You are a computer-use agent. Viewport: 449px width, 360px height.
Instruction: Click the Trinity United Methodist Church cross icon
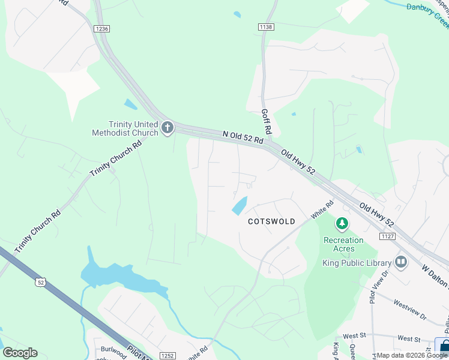click(167, 128)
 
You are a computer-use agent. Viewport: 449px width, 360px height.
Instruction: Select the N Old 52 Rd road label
click(243, 137)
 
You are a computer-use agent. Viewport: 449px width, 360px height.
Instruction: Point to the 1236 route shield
click(101, 28)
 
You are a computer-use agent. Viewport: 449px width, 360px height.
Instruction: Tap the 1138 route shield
click(265, 27)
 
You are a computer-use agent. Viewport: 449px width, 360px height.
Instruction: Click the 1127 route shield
click(387, 236)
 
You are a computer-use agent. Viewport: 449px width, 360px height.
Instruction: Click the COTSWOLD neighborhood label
click(271, 221)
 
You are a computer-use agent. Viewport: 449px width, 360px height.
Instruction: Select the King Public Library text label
click(356, 263)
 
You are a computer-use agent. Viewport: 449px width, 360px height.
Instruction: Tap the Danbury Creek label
click(427, 8)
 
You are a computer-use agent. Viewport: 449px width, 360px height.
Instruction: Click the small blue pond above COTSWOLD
click(240, 206)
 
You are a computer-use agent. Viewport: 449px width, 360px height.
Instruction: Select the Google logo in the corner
click(20, 353)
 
